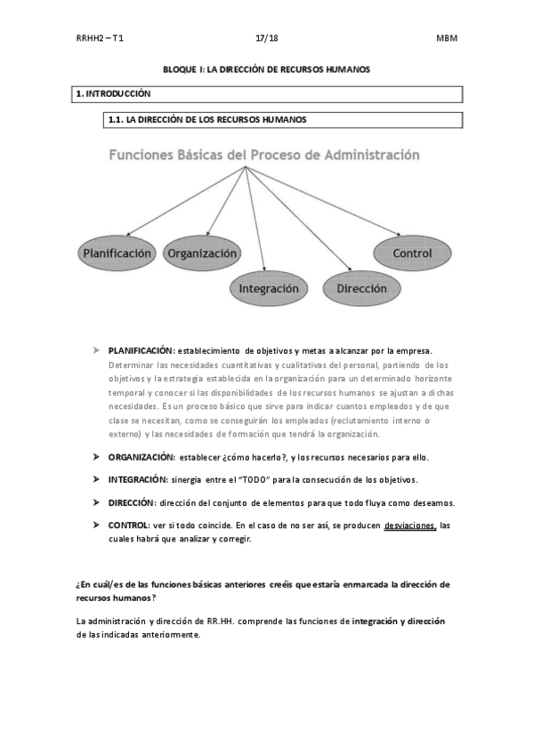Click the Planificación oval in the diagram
[116, 253]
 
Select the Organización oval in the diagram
[202, 253]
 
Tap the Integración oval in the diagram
[268, 289]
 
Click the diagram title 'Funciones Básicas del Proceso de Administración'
[264, 154]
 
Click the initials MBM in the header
[446, 39]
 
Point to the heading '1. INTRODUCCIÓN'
[113, 93]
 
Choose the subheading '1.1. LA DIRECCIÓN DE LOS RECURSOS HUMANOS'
[208, 118]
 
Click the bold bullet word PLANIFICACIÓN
[141, 351]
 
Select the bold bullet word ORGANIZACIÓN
[141, 457]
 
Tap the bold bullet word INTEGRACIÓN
[138, 479]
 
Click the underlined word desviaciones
[409, 525]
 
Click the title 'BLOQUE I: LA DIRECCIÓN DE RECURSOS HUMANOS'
[266, 68]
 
